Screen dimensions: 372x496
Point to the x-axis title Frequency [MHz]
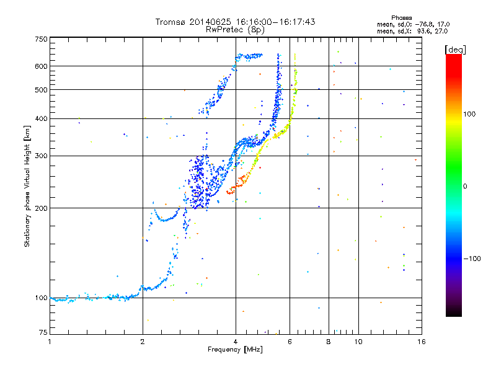pos(234,350)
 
